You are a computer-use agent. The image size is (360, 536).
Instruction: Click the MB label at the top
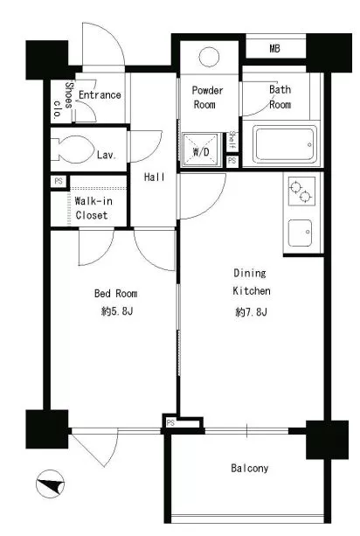[274, 49]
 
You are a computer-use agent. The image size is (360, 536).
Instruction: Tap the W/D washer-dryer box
[201, 150]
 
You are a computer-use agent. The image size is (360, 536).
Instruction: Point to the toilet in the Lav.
[73, 149]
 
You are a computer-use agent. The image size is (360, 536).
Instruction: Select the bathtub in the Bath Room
[285, 144]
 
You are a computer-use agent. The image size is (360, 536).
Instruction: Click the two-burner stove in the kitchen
[301, 191]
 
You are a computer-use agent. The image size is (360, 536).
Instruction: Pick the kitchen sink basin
[300, 233]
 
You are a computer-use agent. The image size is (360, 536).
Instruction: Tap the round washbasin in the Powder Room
[209, 57]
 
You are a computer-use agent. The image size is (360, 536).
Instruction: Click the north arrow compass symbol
[50, 484]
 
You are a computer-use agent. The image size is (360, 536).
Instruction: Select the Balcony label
[249, 468]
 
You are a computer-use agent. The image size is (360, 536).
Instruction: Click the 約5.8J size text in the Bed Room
[116, 311]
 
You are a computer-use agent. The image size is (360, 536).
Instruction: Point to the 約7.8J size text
[251, 312]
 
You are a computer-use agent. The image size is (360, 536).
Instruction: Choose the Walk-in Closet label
[93, 208]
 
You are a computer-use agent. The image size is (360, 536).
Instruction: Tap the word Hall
[155, 177]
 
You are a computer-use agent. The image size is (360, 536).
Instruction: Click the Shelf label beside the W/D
[232, 140]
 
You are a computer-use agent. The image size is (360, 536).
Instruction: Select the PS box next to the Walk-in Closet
[59, 181]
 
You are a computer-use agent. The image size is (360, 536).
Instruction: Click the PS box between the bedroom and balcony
[170, 423]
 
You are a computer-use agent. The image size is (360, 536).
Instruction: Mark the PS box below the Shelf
[232, 160]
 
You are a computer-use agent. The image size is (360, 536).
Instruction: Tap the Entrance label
[100, 94]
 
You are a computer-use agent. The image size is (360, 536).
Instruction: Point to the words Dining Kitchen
[252, 282]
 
